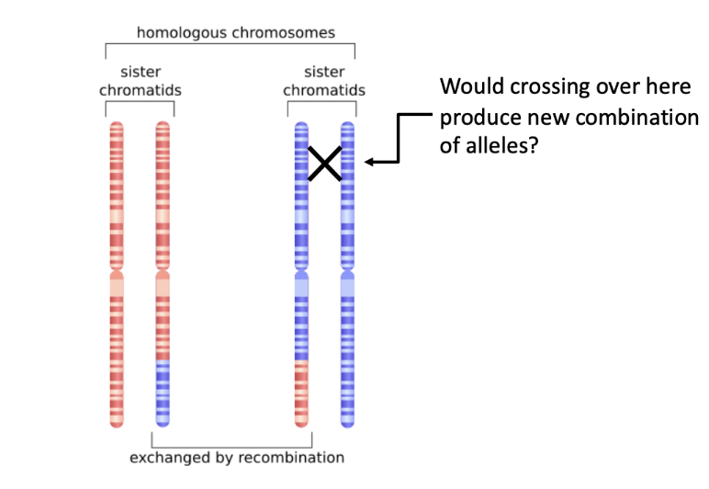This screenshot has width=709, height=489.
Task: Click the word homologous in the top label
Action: pos(175,33)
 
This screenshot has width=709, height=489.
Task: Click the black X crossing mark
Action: pos(324,163)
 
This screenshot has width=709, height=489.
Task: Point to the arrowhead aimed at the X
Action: pos(369,163)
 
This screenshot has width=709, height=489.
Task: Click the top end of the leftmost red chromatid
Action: pos(117,125)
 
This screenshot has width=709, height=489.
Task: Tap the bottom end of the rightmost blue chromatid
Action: pos(347,423)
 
